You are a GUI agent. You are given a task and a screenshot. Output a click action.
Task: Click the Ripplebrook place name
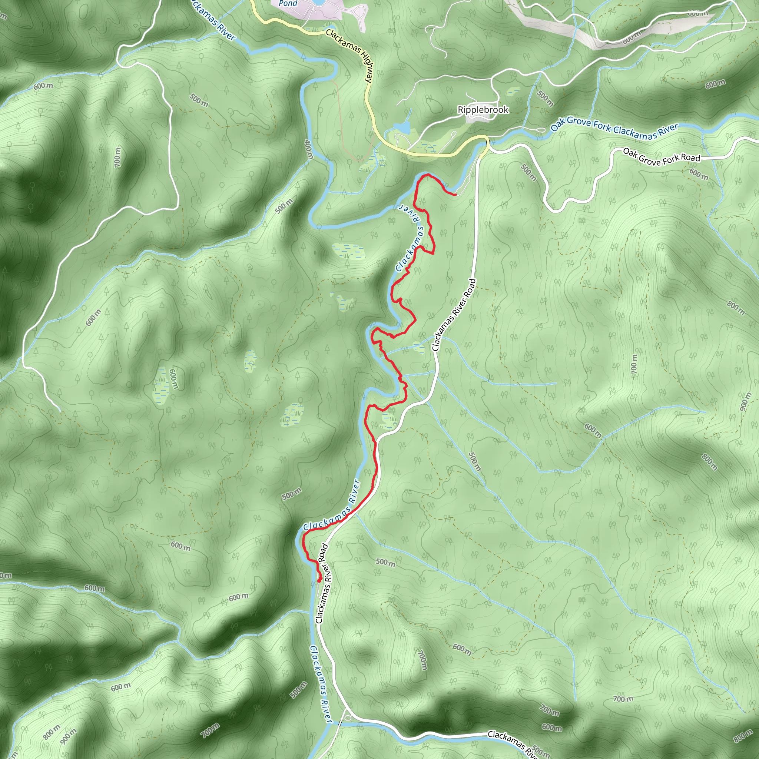pyautogui.click(x=483, y=110)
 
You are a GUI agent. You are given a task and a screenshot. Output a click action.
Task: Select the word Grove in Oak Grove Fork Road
pyautogui.click(x=650, y=159)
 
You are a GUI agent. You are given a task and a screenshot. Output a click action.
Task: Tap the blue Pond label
pyautogui.click(x=288, y=4)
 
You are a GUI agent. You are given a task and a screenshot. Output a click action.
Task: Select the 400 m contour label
pyautogui.click(x=308, y=150)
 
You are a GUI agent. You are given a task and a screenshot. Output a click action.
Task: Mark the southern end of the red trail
pyautogui.click(x=319, y=580)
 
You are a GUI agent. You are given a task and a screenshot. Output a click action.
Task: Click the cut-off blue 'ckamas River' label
pyautogui.click(x=212, y=20)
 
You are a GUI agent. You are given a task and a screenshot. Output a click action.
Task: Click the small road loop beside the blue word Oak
pyautogui.click(x=539, y=130)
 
